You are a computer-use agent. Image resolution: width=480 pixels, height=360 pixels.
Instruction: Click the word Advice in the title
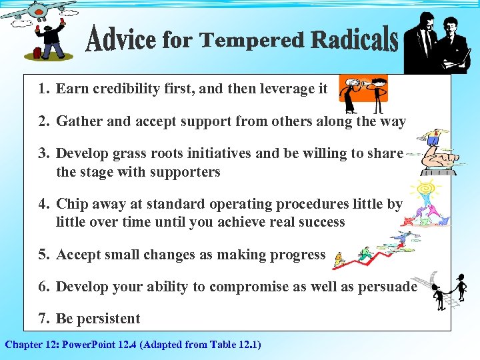pos(122,41)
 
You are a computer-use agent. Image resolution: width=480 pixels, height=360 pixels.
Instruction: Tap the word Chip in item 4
pos(71,204)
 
